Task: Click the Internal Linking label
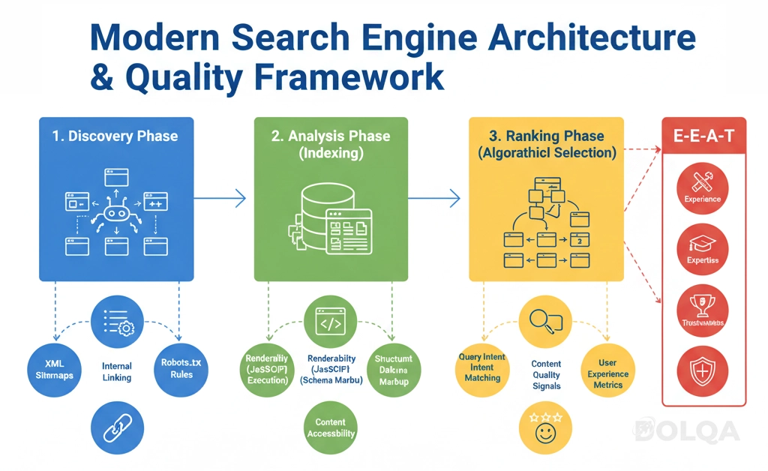pos(117,372)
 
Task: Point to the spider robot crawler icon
pos(115,212)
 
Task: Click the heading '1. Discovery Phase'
pos(115,136)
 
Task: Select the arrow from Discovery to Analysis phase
pos(220,198)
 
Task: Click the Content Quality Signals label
pos(546,375)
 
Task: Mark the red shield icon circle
pos(703,370)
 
